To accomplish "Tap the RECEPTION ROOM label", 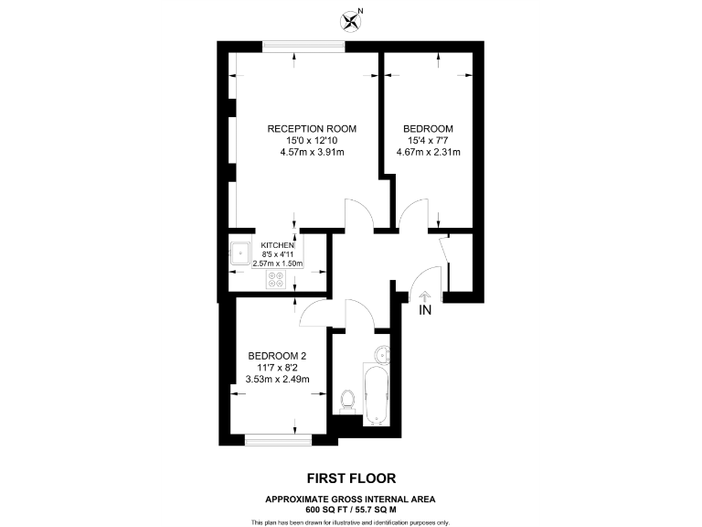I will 312,128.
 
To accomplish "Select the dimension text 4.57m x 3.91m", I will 312,152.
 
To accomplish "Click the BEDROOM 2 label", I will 277,356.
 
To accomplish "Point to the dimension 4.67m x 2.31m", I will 428,152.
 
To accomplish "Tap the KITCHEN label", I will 278,246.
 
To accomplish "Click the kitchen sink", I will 241,252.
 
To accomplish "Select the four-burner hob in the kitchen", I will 277,279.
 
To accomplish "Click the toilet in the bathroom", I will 346,401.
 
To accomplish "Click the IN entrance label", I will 424,311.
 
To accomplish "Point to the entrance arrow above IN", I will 424,295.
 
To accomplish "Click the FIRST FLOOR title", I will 350,478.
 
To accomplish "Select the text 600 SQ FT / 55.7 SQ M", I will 350,509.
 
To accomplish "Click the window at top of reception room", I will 303,46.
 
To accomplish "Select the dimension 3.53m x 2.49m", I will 279,380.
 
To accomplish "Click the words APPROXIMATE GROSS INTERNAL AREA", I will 350,499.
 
